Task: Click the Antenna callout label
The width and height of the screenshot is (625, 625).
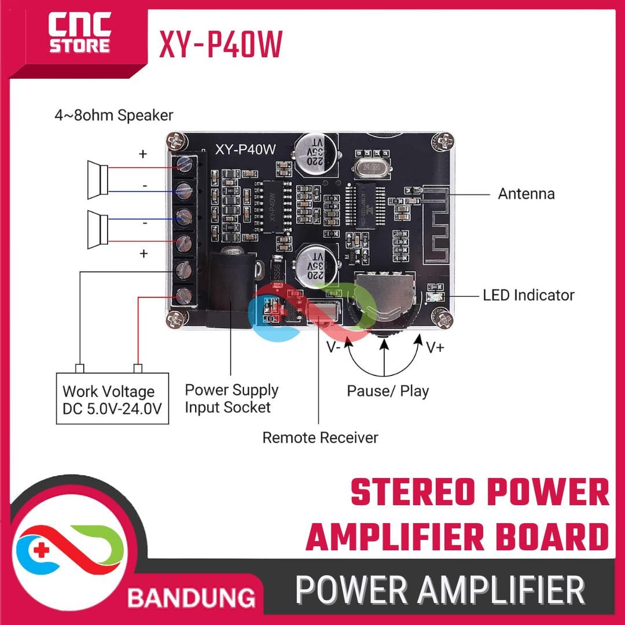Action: click(526, 193)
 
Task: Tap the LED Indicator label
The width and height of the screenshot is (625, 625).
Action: click(528, 295)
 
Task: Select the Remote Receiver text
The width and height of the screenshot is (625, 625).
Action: click(320, 437)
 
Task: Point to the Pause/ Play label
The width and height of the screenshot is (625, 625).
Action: click(388, 391)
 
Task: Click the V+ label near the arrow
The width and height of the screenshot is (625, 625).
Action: click(435, 348)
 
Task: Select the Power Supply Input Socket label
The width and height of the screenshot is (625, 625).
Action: click(231, 398)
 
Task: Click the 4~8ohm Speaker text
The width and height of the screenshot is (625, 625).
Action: click(113, 115)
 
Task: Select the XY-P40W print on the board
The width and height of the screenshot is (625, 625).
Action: click(246, 149)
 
